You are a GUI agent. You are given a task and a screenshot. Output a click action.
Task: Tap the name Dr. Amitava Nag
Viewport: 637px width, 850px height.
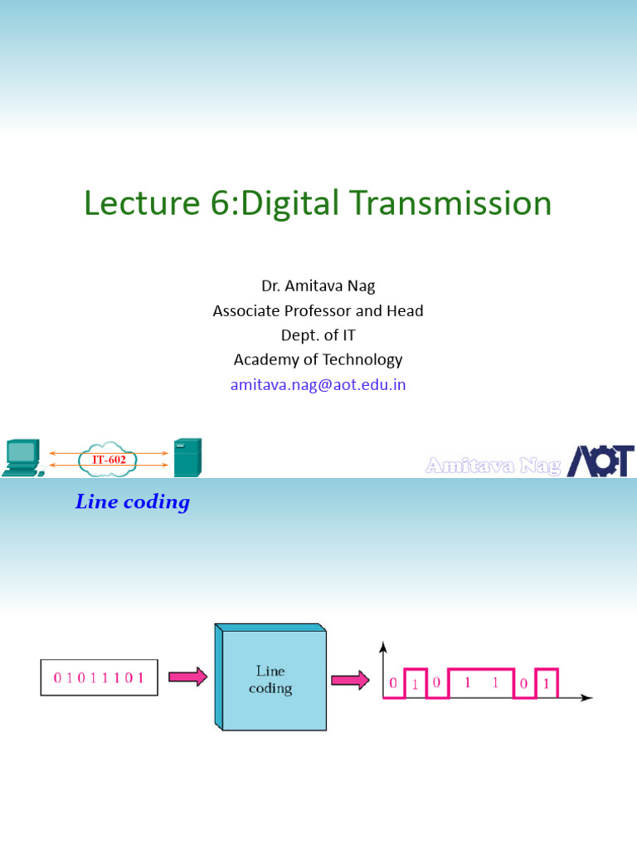click(318, 286)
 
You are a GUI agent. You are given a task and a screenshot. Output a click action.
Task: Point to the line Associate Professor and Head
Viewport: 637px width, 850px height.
click(318, 311)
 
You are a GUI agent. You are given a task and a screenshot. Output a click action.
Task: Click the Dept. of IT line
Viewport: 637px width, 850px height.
click(318, 335)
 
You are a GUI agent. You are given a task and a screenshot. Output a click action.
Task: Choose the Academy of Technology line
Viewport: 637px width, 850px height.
click(318, 359)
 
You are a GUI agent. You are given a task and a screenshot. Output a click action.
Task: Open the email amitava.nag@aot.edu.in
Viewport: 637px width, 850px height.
click(318, 384)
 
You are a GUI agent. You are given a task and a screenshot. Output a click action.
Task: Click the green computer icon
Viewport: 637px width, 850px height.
click(22, 457)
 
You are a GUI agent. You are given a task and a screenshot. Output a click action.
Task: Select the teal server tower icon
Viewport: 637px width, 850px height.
click(187, 457)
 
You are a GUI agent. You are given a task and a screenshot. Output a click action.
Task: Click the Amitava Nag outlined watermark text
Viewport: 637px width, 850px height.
click(493, 466)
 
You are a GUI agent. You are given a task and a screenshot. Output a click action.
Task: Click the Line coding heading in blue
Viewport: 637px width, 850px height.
click(133, 502)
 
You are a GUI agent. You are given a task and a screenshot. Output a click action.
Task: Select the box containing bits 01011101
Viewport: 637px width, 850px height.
click(99, 677)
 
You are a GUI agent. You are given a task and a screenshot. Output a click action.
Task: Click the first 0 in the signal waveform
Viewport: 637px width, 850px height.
click(393, 684)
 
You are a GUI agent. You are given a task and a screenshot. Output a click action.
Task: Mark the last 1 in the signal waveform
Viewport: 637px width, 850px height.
click(547, 686)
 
